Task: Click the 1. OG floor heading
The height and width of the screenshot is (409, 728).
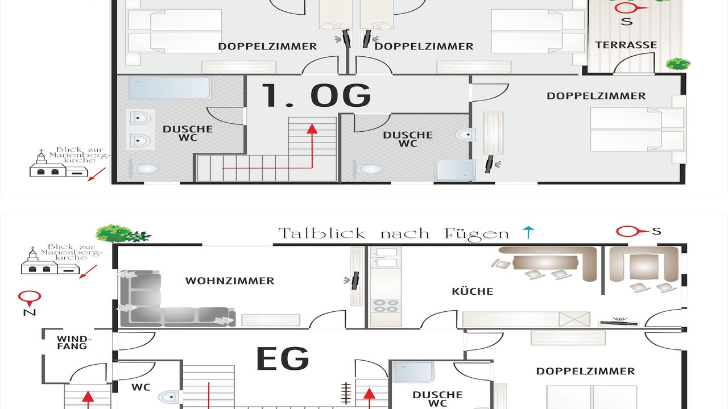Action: tap(316, 95)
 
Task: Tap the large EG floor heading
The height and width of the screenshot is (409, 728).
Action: tap(283, 358)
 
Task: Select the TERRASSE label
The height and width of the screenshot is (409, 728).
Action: tap(626, 45)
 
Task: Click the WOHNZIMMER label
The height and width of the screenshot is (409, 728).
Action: tap(230, 281)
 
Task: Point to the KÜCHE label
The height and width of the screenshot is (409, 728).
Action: tap(473, 291)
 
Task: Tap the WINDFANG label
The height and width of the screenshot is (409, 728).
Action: tap(75, 343)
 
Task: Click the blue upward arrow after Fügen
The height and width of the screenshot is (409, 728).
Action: tap(528, 233)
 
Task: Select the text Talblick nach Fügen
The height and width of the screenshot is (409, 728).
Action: tap(394, 233)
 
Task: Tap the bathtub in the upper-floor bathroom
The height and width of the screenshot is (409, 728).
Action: tap(169, 88)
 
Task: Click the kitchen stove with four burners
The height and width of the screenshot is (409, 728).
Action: tap(386, 306)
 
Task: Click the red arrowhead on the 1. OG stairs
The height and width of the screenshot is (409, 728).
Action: tap(312, 128)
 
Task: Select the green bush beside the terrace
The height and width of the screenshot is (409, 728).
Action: tap(678, 64)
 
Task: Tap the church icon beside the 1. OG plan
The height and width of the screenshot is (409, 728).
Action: tap(59, 164)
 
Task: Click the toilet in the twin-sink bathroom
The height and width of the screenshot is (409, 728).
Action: tap(144, 169)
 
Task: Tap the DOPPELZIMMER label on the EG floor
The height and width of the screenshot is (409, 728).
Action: tap(585, 371)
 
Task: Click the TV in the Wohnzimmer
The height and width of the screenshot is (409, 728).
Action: tap(356, 281)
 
